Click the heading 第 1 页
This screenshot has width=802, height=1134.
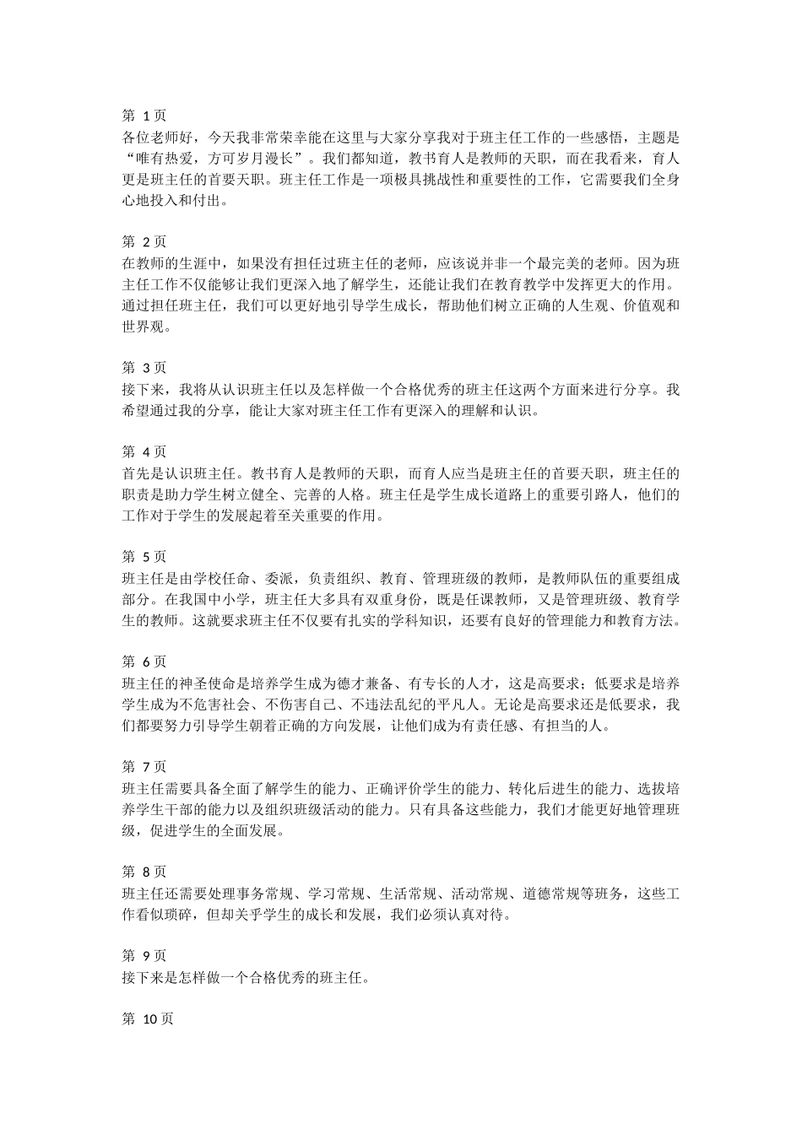click(144, 116)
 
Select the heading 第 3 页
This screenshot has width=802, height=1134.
click(144, 368)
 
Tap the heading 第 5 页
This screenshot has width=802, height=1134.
click(144, 557)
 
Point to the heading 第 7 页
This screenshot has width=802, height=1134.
click(144, 767)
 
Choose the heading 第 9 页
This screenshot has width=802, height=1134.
click(144, 956)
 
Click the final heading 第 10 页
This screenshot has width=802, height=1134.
click(148, 1019)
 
